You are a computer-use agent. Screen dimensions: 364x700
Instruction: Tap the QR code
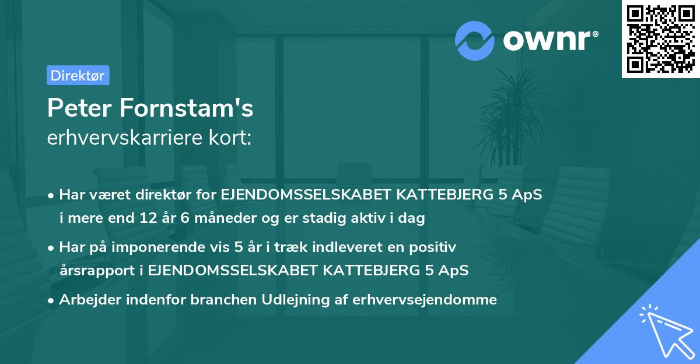coord(660,39)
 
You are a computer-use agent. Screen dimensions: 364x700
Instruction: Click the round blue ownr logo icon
coord(474,40)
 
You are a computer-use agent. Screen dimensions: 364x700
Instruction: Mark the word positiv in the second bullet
coord(434,247)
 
